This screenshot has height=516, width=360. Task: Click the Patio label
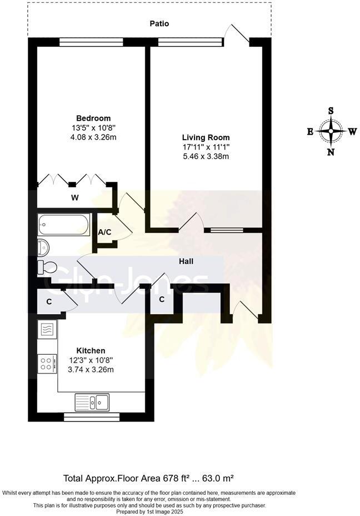point(159,24)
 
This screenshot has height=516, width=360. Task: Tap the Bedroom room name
point(93,118)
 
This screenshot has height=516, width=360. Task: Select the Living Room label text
point(206,137)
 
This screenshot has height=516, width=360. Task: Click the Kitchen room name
point(91,351)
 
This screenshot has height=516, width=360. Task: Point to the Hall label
point(186,261)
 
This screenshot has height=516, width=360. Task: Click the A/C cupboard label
point(105,232)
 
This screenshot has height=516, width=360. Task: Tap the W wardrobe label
point(74,197)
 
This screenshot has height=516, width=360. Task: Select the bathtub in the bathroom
point(64,226)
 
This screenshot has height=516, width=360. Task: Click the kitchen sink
point(92,401)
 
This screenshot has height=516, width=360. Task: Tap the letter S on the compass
point(331,111)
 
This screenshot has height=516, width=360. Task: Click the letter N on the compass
point(331,152)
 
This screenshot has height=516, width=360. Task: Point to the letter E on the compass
point(310,132)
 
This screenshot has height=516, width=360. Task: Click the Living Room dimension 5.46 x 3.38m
point(206,156)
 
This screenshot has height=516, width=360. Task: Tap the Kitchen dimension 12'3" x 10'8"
point(91,360)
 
